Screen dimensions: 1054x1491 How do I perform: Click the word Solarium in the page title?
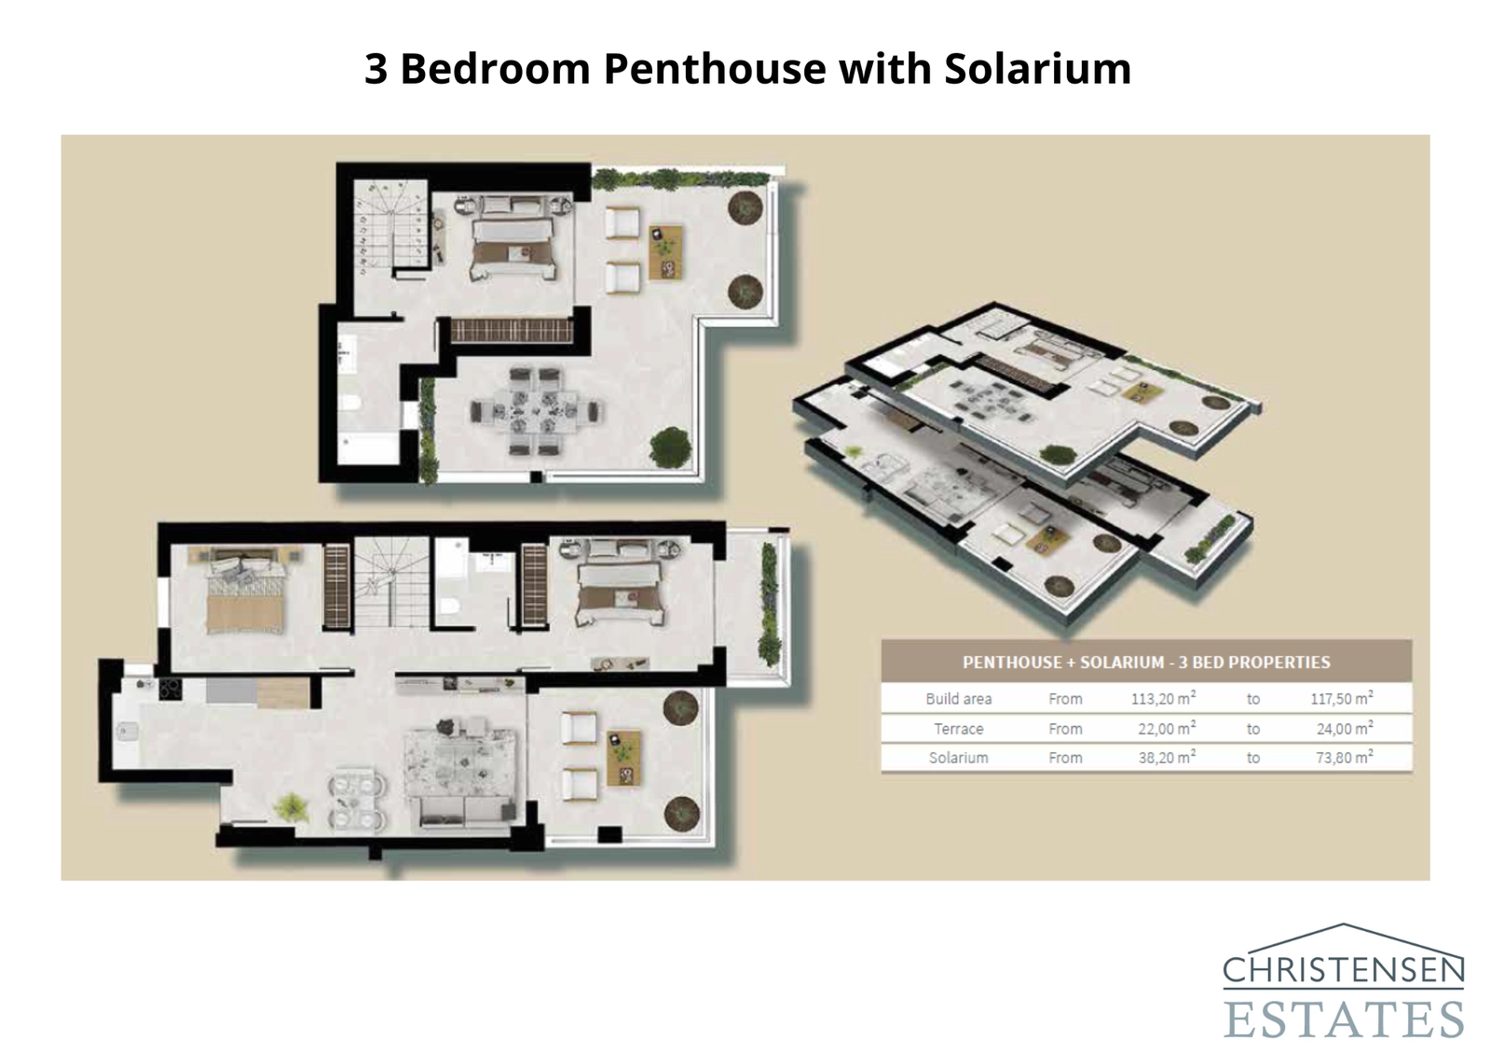click(x=1037, y=69)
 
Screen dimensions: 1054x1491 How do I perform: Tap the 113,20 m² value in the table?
click(x=1166, y=698)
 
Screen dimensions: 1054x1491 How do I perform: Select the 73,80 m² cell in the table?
click(x=1344, y=758)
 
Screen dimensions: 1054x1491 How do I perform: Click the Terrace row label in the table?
click(x=958, y=729)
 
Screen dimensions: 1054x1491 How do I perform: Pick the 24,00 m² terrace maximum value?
click(x=1344, y=729)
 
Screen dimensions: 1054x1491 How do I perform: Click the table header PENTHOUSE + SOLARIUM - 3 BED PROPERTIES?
click(x=1145, y=663)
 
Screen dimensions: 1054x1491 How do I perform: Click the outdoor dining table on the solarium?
click(x=537, y=411)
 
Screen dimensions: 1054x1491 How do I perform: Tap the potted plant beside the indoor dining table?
click(x=293, y=806)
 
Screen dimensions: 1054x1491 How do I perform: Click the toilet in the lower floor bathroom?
click(x=448, y=608)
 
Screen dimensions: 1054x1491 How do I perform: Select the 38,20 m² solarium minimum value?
click(x=1166, y=758)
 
